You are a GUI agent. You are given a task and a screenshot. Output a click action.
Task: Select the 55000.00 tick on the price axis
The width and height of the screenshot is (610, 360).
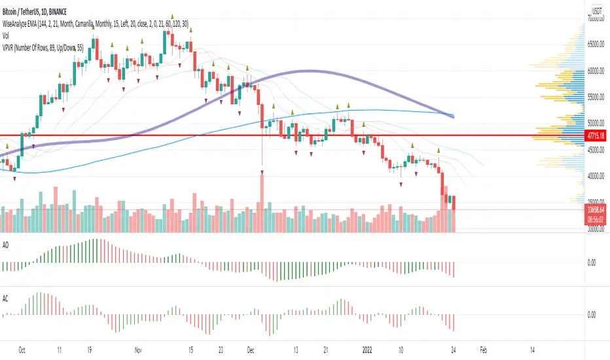(x=596, y=96)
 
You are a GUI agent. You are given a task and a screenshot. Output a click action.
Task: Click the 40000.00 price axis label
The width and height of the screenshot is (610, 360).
(x=596, y=175)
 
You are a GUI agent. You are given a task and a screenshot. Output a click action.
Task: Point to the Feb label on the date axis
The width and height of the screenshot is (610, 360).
(x=483, y=350)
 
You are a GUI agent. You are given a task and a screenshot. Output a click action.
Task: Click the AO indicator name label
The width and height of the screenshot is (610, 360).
(x=7, y=240)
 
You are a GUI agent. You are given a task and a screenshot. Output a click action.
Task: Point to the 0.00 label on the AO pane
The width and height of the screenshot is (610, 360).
(x=592, y=262)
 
